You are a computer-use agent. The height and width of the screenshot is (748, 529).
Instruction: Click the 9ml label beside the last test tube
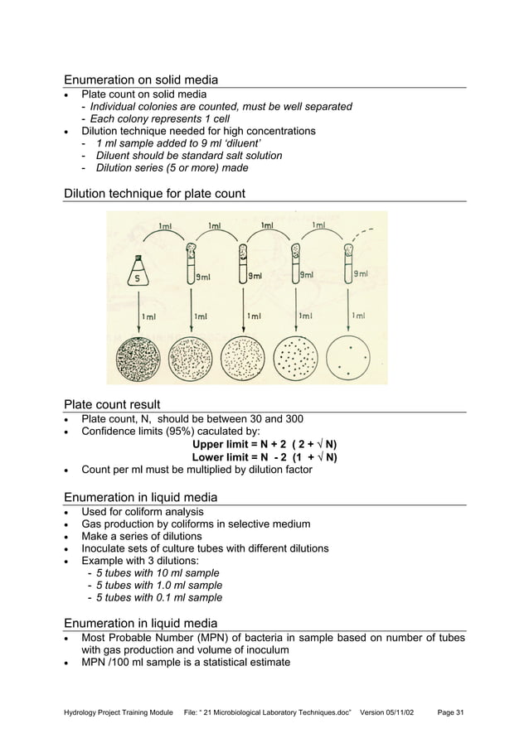[362, 274]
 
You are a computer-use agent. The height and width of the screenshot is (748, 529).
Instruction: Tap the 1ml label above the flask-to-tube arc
[166, 224]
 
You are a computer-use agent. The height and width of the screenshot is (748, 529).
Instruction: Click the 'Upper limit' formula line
[264, 443]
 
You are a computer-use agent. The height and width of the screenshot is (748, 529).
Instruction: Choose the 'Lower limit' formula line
[264, 456]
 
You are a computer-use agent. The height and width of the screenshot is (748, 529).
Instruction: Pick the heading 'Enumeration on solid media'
[141, 80]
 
